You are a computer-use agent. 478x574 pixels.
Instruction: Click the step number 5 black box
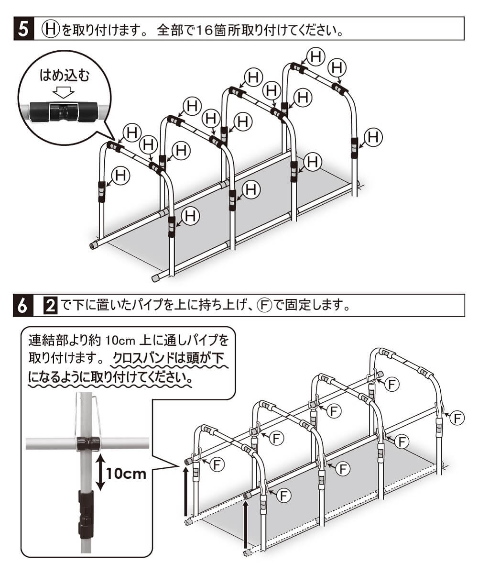[22, 29]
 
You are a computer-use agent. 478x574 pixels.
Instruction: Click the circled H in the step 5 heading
[50, 29]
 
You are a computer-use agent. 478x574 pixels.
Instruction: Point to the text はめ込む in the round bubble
[64, 76]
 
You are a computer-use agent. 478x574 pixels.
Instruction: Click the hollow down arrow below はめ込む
[64, 90]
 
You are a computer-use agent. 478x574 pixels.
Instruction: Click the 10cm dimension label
[126, 474]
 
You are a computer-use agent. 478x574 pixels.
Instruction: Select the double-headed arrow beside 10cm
[100, 473]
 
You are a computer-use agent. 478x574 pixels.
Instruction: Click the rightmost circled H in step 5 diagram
[373, 138]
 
